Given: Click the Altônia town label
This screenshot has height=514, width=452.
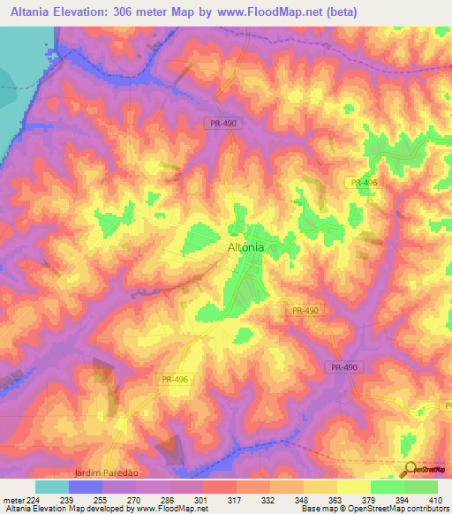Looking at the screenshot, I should coord(240,248).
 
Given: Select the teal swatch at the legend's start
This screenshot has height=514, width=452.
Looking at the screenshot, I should coord(52,487).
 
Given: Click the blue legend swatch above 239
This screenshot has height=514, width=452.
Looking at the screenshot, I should coord(86,487).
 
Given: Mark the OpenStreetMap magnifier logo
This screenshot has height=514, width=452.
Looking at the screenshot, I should coord(409,469).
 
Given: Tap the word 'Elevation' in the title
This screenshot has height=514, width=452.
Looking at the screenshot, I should coord(93,11).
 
